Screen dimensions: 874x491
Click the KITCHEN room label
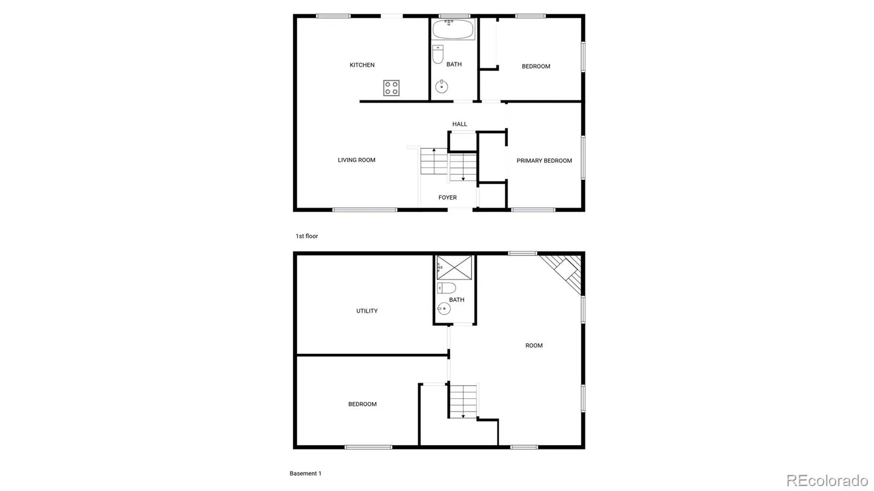tap(362, 65)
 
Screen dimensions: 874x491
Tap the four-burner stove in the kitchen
tap(391, 88)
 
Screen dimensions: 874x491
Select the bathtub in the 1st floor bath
tap(453, 29)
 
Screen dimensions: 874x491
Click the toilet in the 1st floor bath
tap(438, 54)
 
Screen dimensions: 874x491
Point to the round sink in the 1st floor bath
tap(441, 86)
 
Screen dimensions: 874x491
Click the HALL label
tap(459, 124)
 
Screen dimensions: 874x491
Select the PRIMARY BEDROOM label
tap(544, 161)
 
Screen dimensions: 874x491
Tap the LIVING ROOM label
tap(356, 160)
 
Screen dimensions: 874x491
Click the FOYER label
tap(447, 197)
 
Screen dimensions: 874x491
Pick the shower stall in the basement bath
tap(454, 268)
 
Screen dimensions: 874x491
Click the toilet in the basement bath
tap(446, 288)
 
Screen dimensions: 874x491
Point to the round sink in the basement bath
tap(444, 309)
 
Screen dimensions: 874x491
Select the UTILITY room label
tap(367, 311)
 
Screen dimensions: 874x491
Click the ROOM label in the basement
tap(534, 345)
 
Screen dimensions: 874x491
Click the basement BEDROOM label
tap(362, 404)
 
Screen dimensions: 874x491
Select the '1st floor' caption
tap(306, 236)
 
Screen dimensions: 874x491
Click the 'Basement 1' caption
tap(305, 474)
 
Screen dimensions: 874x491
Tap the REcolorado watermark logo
tap(827, 480)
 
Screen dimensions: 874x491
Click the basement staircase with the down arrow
tap(463, 401)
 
